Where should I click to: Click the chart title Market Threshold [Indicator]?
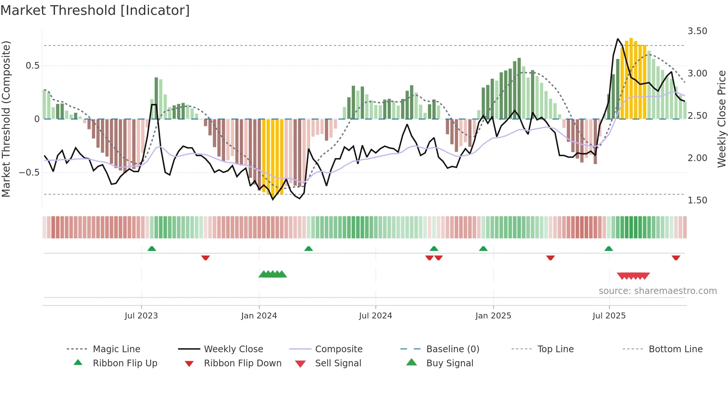point(95,10)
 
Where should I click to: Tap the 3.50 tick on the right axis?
point(697,31)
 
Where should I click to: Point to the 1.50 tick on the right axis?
point(697,200)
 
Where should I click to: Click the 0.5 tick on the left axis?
point(32,66)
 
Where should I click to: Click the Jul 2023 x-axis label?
point(141,316)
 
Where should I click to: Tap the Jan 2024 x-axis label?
point(259,316)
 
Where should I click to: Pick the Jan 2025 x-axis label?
point(493,316)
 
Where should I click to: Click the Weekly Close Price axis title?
point(721,119)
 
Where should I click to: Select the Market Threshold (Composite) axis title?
point(6,119)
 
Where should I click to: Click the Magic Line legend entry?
point(116,349)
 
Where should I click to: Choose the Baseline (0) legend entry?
point(452,349)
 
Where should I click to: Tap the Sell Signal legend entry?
point(338,363)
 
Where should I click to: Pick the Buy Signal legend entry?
point(449,363)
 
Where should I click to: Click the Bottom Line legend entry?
point(675,349)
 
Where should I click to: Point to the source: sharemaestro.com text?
point(657,291)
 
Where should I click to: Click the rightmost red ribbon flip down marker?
point(676,258)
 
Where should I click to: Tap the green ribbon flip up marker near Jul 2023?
point(152,249)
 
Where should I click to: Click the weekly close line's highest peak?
point(618,39)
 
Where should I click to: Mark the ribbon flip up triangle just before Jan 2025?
point(483,249)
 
